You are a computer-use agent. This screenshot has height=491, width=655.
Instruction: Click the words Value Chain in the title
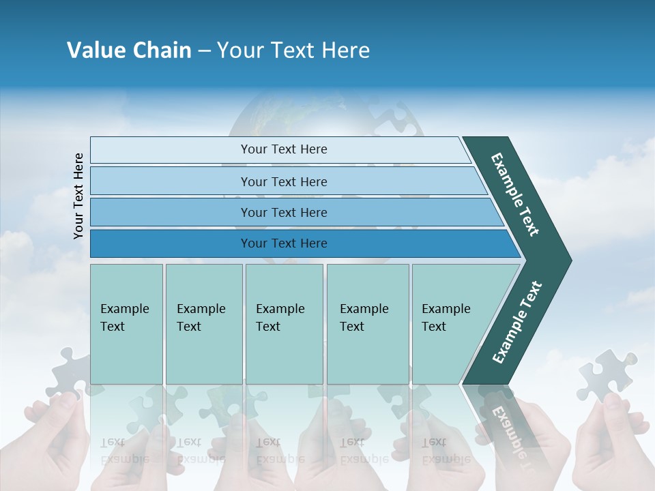129,50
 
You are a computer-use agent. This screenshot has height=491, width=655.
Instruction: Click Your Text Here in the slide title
293,50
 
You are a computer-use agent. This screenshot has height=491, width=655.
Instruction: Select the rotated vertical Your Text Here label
78,196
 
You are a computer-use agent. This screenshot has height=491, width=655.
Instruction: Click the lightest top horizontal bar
283,149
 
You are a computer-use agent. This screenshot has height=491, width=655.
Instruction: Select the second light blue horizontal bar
283,181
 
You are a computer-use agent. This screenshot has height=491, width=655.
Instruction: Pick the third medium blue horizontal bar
283,212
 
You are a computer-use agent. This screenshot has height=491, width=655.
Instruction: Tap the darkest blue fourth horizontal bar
283,243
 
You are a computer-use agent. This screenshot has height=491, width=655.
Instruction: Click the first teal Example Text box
126,324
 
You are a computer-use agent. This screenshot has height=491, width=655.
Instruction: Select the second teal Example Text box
203,324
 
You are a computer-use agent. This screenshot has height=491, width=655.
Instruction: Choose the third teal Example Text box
284,324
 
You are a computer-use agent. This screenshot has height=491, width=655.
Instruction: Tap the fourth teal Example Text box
367,324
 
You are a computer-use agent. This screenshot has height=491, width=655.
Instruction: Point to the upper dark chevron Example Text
516,194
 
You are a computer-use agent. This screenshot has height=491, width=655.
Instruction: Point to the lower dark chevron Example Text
516,323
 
